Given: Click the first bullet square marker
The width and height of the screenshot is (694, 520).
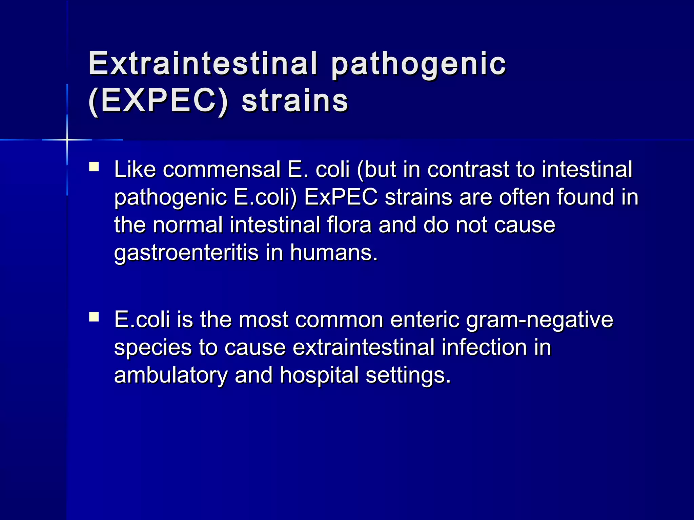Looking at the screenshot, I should (94, 167).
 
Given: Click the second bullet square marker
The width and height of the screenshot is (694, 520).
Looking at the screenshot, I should (94, 317).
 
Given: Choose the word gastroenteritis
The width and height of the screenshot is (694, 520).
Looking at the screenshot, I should (186, 253).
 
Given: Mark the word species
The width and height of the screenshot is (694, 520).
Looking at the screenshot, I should (153, 348).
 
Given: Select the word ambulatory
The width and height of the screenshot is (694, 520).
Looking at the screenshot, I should (171, 375).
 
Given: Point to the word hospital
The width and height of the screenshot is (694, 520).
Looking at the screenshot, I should (319, 375).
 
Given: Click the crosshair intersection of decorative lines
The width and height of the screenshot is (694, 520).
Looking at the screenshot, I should (67, 139).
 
